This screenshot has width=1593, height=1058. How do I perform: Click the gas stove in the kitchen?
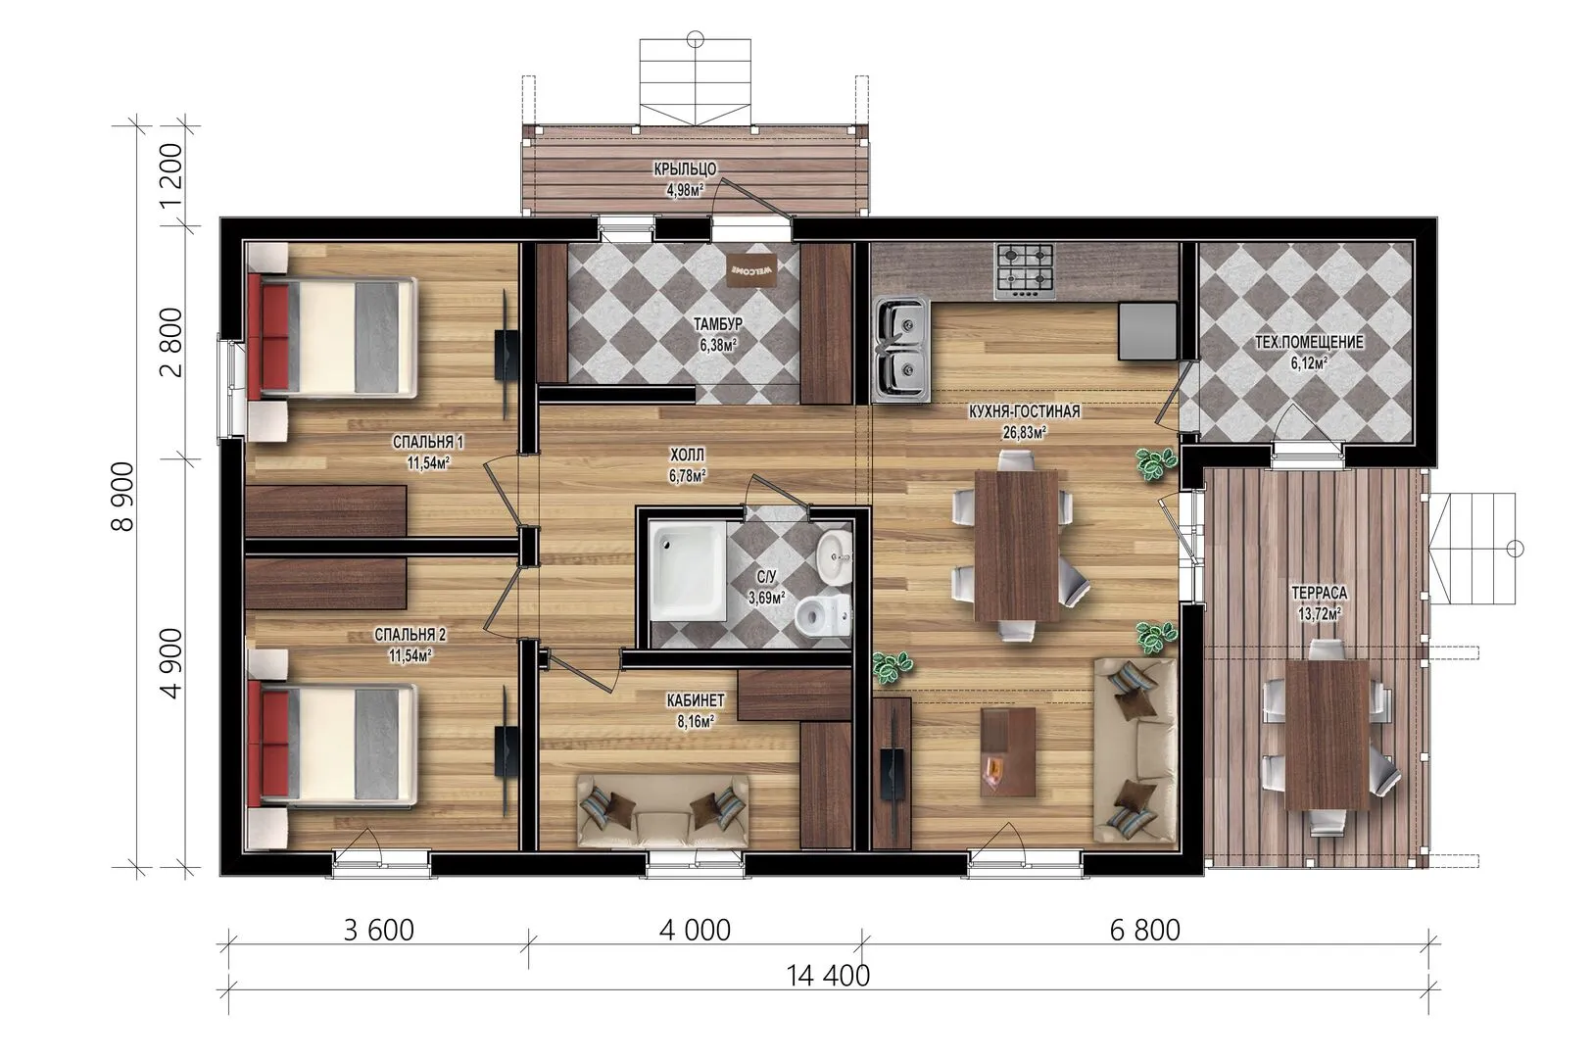1025,271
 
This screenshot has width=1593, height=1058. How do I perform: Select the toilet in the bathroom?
823,616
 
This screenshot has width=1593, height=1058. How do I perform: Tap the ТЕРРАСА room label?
1320,593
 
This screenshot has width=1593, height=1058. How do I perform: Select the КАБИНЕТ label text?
696,700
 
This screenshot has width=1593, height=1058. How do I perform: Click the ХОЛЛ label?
687,454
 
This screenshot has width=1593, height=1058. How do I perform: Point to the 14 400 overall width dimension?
828,976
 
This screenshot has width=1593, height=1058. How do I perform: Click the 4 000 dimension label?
695,930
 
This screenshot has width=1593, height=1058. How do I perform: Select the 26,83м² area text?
1024,432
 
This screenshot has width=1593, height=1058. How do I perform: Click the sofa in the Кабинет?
662,810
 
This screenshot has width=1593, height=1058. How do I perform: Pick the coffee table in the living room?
1008,752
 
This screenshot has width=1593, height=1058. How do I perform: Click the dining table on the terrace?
1327,735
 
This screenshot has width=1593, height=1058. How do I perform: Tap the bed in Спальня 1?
333,338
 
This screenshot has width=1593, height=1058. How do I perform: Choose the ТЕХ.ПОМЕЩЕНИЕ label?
1309,342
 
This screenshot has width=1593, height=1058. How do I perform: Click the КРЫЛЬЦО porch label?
685,168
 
